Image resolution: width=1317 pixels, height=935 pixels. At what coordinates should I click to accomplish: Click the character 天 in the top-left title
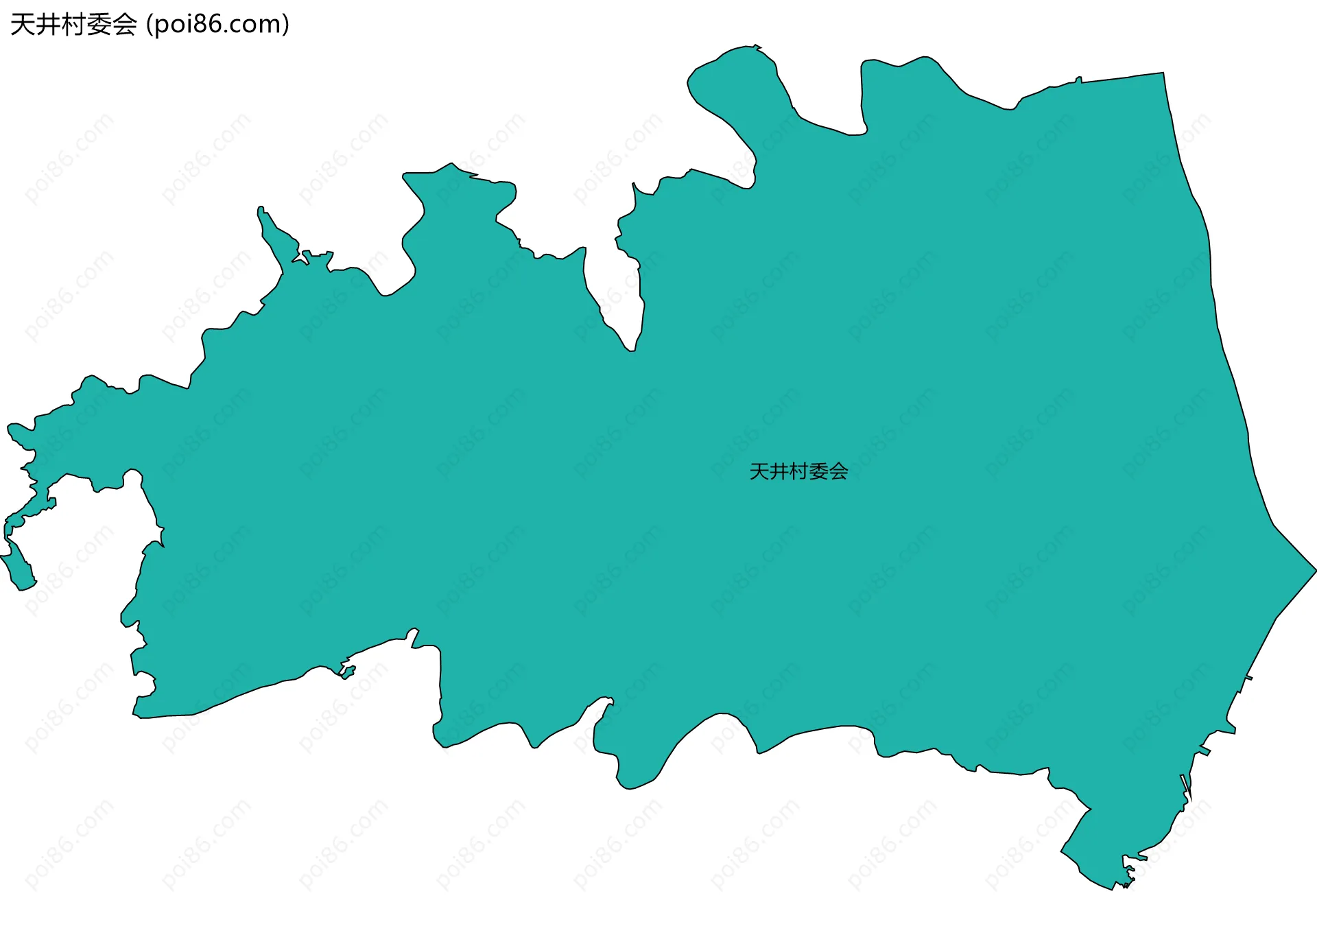tap(23, 25)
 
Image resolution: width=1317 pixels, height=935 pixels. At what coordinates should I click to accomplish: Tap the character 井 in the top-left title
tap(48, 25)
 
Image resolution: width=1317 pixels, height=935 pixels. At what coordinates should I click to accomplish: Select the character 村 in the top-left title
tap(73, 25)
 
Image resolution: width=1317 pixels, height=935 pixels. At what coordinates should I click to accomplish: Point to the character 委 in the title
tap(99, 25)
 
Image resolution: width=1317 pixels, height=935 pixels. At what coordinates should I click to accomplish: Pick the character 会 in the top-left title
tap(124, 25)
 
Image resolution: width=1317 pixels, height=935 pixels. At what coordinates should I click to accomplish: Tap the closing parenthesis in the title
tap(285, 25)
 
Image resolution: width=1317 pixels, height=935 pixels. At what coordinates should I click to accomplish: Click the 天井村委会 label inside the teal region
tap(798, 471)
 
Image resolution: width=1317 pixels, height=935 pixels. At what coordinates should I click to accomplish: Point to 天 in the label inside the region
tap(759, 471)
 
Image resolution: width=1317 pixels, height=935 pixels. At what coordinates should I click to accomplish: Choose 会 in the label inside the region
tap(838, 471)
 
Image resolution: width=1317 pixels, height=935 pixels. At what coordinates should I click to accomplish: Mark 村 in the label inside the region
tap(799, 471)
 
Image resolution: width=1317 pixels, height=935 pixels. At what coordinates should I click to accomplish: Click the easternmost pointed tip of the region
tap(1315, 569)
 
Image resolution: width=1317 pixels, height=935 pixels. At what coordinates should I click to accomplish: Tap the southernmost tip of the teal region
tap(1112, 889)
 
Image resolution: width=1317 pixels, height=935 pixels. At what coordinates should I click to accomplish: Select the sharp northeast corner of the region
tap(1163, 73)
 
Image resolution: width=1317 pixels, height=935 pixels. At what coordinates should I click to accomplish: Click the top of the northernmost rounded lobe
tap(748, 48)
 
